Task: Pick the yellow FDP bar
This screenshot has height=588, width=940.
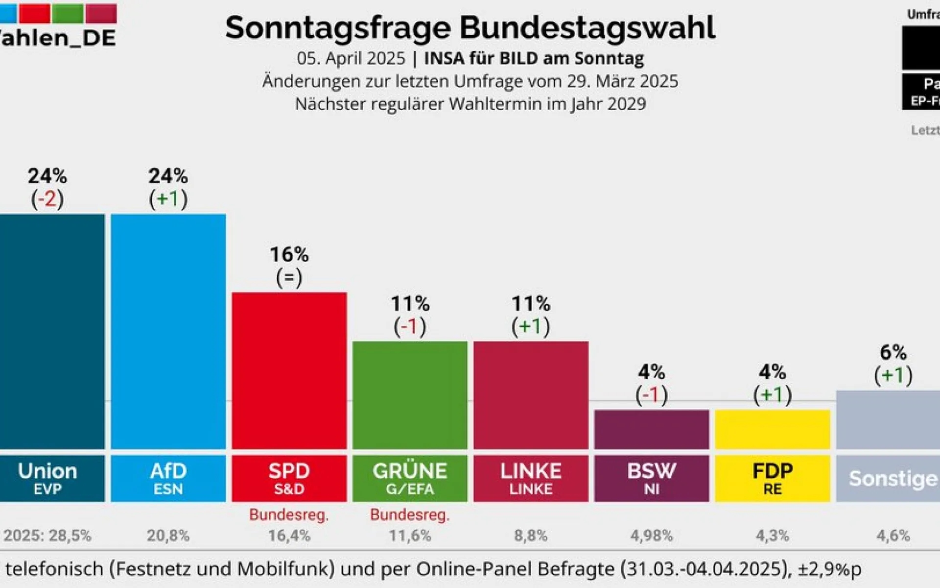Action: coord(772,429)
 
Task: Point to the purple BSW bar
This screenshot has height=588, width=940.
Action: coord(651,429)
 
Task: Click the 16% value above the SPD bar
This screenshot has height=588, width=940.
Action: coord(289,254)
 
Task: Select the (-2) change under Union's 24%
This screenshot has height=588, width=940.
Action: coord(47,199)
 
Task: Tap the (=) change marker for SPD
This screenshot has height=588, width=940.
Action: coord(289,277)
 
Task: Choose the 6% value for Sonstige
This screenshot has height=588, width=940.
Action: coord(893,352)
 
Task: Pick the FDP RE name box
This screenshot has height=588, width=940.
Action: coord(772,478)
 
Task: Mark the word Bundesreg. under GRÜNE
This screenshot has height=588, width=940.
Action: coord(410,514)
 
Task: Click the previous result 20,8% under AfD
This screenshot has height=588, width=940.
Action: coord(168,536)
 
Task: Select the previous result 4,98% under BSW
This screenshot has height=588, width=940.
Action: coord(651,536)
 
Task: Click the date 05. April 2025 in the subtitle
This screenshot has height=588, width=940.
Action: coord(351,58)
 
